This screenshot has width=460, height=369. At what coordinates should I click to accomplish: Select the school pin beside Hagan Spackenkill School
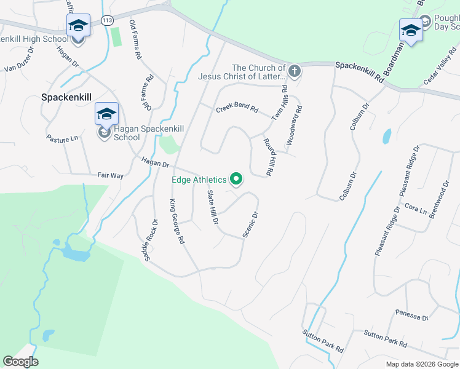click(x=106, y=114)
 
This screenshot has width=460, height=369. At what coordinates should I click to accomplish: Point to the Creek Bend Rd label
click(x=237, y=108)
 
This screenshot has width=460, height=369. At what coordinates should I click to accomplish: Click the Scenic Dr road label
click(x=250, y=224)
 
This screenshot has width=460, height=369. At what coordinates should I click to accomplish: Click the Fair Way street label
click(x=110, y=175)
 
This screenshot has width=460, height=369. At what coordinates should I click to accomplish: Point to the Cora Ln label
click(x=415, y=210)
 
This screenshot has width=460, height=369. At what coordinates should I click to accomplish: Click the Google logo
click(x=20, y=362)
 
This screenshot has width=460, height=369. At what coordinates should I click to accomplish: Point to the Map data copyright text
click(x=421, y=364)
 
